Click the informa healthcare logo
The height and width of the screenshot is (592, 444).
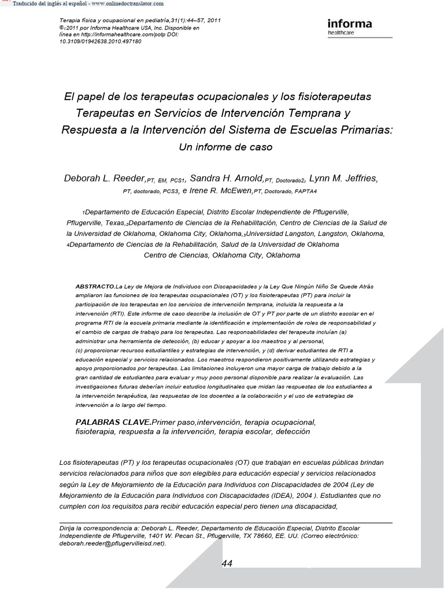350,27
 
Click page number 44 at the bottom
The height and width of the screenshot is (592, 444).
227,564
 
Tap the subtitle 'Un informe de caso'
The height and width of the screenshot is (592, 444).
225,147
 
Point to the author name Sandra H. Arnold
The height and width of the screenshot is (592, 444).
227,178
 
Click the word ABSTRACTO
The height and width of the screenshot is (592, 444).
95,287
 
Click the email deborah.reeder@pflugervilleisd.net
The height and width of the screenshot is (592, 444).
112,543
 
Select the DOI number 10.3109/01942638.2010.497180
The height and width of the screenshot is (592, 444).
101,42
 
